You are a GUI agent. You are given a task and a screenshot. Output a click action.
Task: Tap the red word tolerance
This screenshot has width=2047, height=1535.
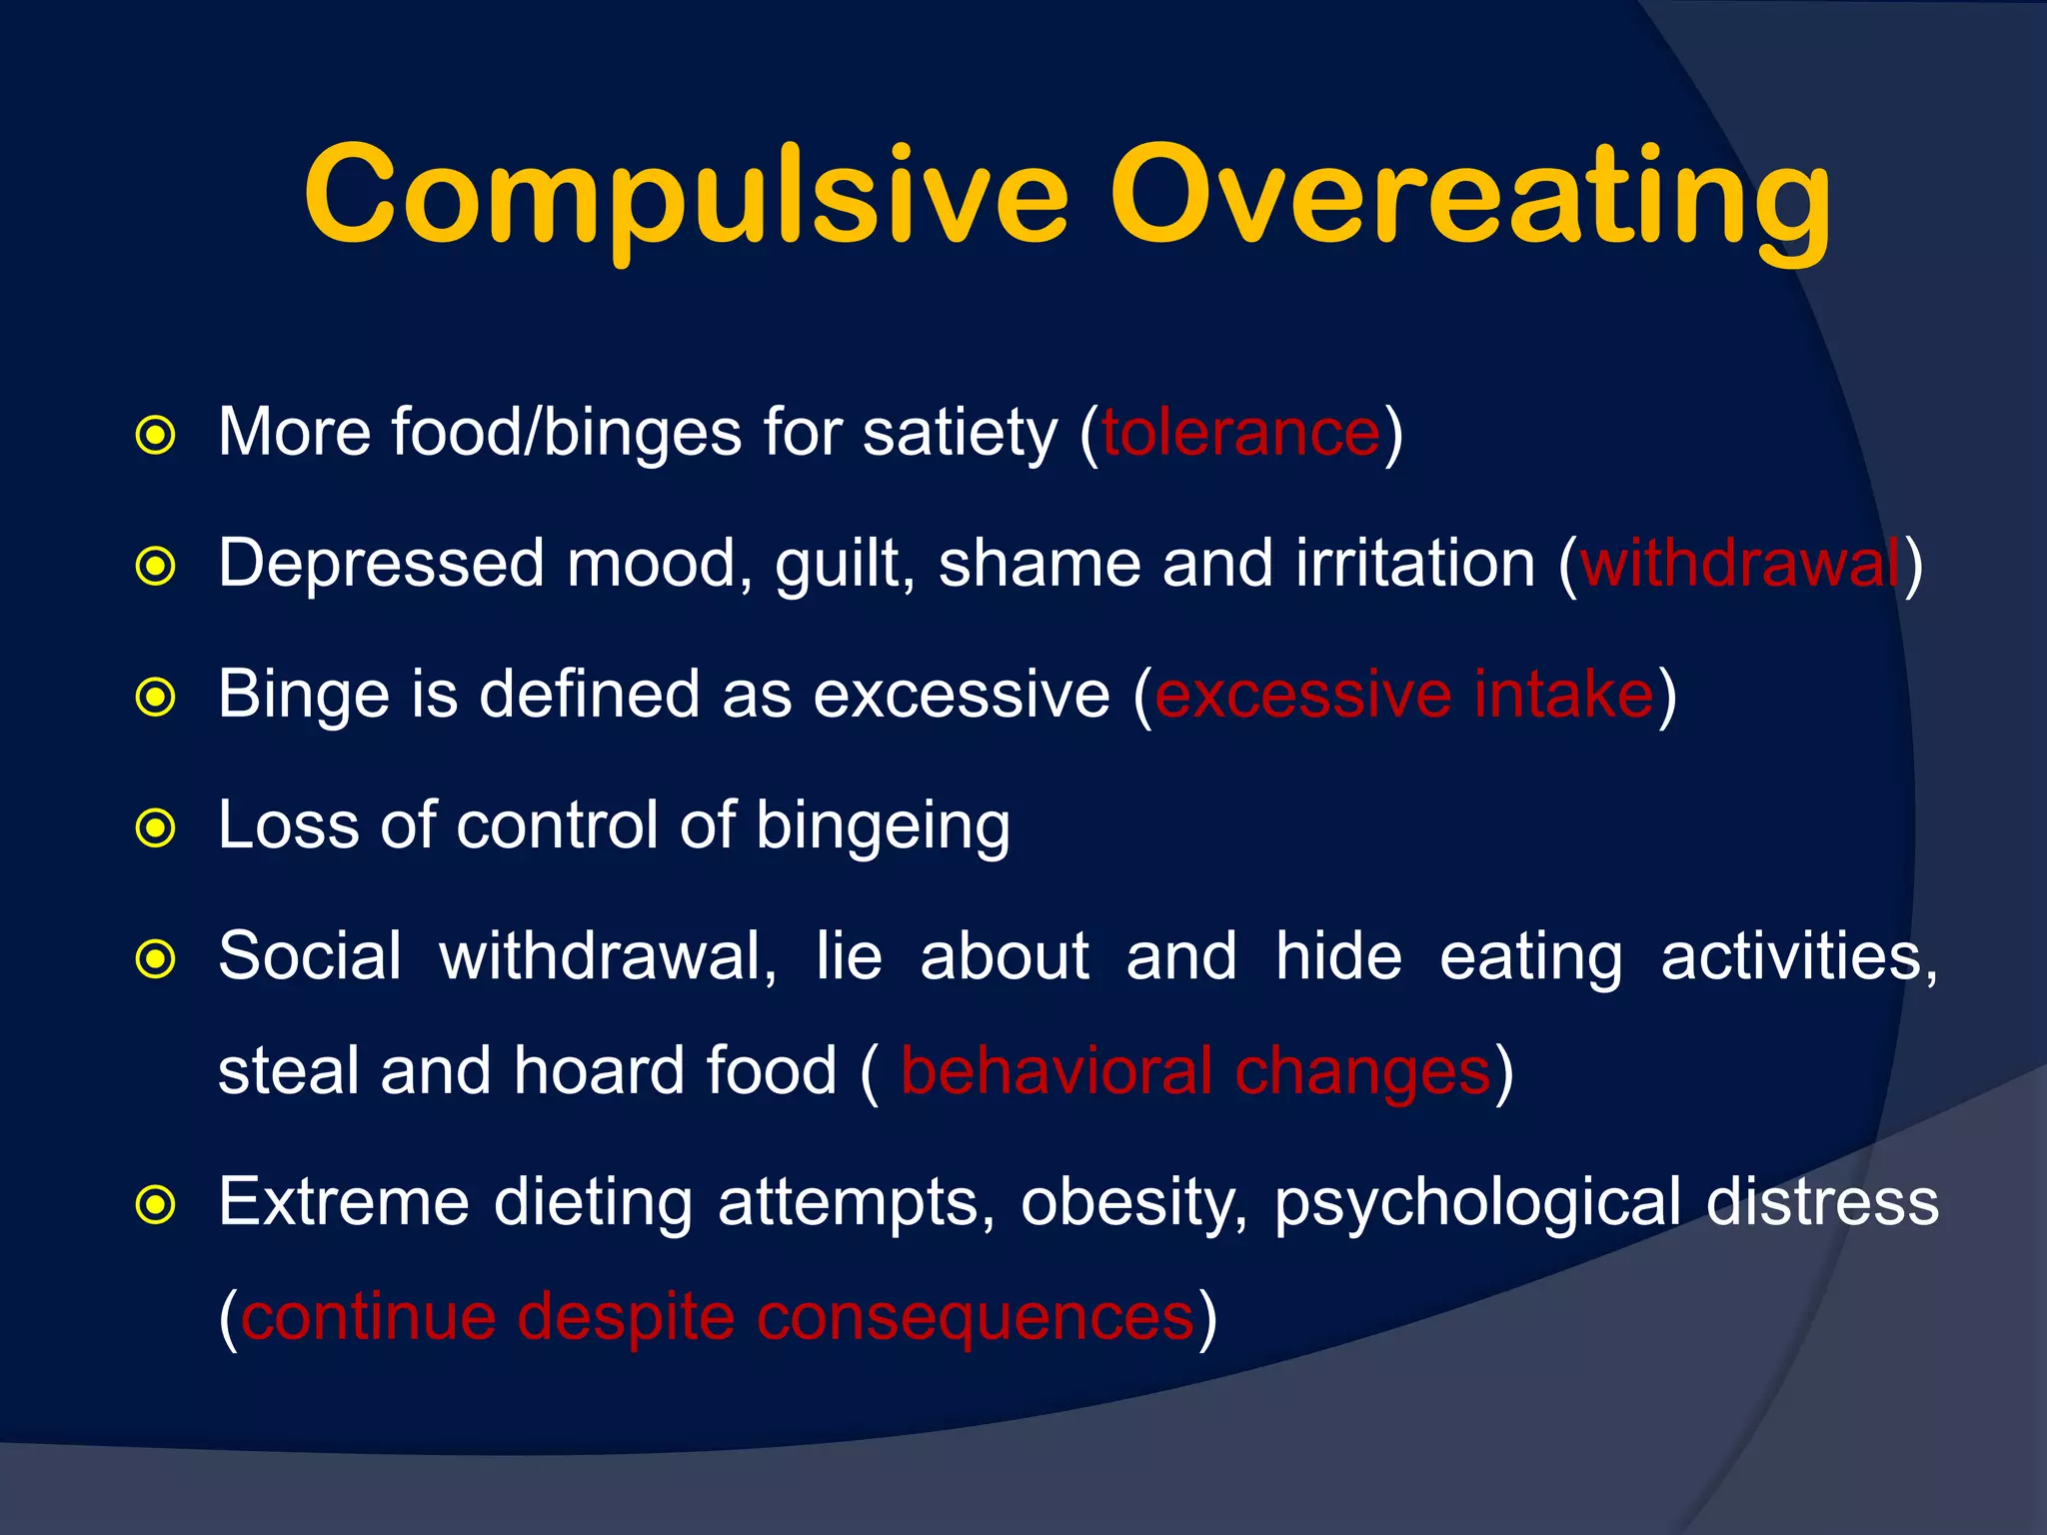[x=1240, y=433]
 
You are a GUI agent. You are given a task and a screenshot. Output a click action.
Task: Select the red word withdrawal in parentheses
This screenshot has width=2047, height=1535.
[x=1740, y=564]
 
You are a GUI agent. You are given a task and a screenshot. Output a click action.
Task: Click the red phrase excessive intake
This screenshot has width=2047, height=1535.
[x=1404, y=695]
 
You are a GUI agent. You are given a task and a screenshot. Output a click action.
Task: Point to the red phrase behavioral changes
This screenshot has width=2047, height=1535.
[x=1195, y=1071]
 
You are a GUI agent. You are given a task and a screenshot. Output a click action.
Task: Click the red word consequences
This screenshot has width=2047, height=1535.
[x=975, y=1316]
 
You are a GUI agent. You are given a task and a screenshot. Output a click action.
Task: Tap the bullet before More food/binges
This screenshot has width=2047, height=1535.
[x=156, y=436]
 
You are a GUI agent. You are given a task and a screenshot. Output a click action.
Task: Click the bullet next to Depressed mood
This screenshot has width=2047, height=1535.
[x=156, y=567]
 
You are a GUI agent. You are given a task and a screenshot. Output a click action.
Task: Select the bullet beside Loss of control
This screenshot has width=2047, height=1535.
[x=156, y=828]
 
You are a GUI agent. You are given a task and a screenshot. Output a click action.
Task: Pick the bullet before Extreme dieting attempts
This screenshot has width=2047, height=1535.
[x=156, y=1205]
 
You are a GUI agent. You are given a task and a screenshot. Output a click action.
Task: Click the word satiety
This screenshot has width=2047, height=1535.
[x=960, y=435]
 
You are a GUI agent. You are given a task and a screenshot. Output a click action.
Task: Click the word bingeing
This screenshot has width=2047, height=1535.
[x=883, y=827]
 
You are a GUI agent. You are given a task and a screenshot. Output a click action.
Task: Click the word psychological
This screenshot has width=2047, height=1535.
[x=1477, y=1202]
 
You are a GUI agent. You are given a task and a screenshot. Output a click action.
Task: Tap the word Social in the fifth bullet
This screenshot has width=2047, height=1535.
[x=310, y=956]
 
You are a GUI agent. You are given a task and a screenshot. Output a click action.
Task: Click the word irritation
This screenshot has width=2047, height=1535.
[x=1415, y=564]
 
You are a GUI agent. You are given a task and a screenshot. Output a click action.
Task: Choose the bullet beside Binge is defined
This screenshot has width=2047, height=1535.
[x=156, y=698]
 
